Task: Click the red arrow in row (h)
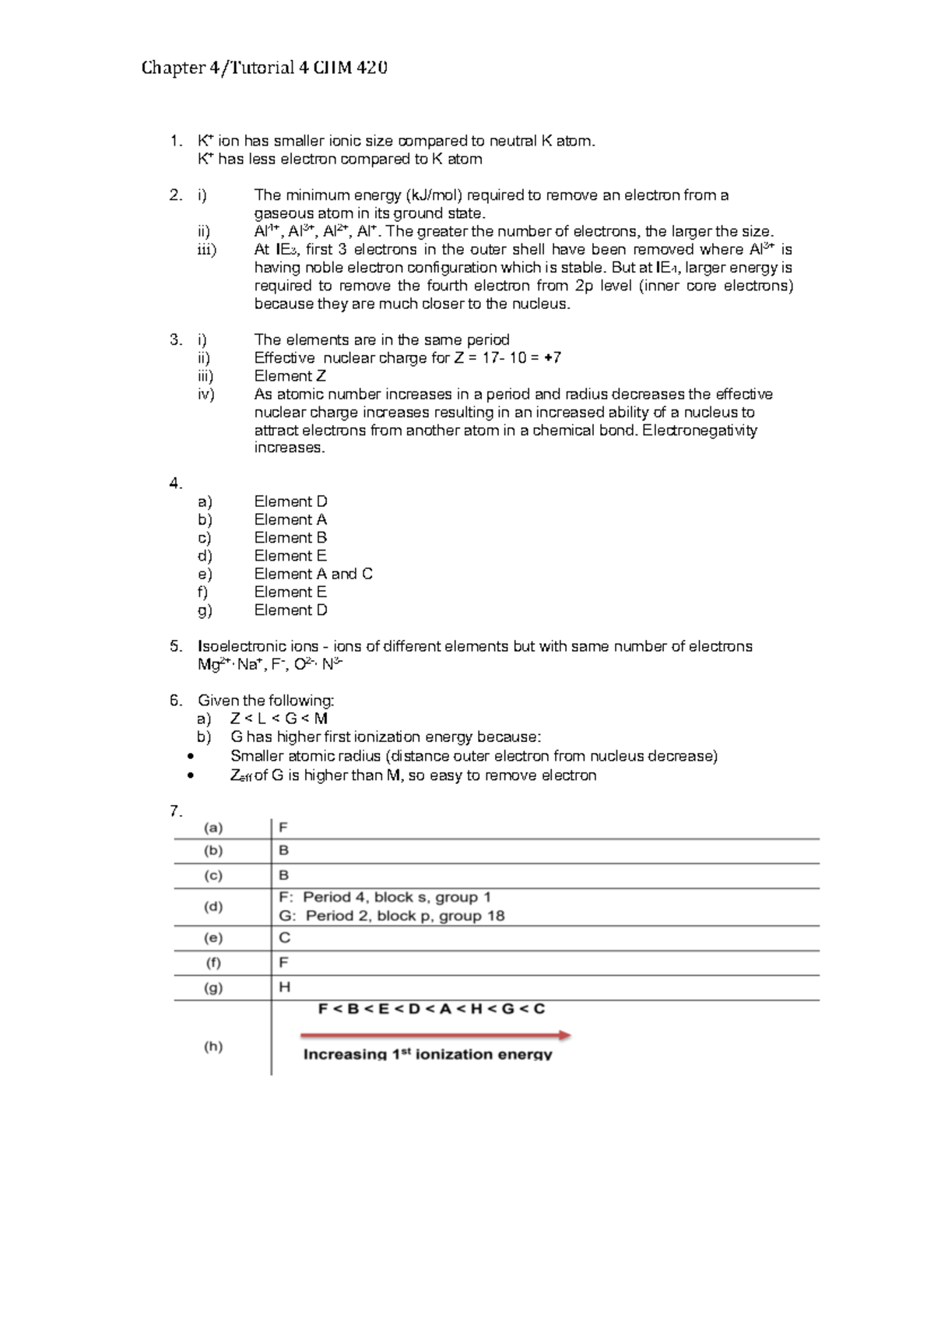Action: (436, 1035)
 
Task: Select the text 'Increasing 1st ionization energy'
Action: (427, 1054)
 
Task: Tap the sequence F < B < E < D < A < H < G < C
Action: (431, 1009)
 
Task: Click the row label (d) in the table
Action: (213, 907)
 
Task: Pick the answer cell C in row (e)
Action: (285, 938)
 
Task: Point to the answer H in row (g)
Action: (285, 988)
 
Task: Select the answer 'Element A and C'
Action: (313, 574)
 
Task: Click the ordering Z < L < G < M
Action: (279, 719)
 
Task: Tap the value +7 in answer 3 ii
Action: (553, 358)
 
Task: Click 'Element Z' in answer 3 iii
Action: (290, 376)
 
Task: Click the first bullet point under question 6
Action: (191, 757)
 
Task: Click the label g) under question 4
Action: (205, 610)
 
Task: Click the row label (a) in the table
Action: (213, 828)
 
